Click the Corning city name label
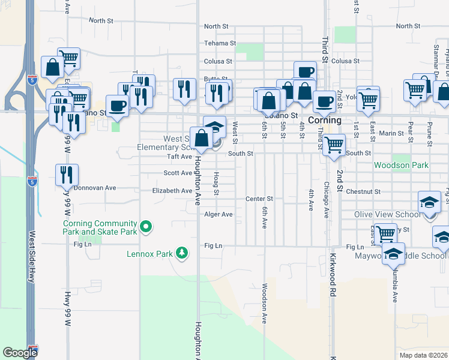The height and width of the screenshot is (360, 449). [x=325, y=120]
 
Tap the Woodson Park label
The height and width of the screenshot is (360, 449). [x=400, y=165]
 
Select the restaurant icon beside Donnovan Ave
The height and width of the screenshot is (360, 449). [x=67, y=175]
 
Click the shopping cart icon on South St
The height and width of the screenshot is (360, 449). [x=334, y=145]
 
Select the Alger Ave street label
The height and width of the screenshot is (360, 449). [x=218, y=214]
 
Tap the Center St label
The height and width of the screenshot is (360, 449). [x=259, y=199]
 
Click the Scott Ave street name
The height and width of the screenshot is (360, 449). [x=178, y=173]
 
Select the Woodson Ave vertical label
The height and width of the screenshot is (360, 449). [x=264, y=304]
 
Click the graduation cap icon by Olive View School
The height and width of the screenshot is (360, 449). [x=430, y=202]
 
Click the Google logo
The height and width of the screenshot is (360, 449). [x=20, y=353]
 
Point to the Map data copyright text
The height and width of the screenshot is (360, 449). [x=423, y=355]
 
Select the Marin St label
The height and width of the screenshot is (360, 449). [x=390, y=133]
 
